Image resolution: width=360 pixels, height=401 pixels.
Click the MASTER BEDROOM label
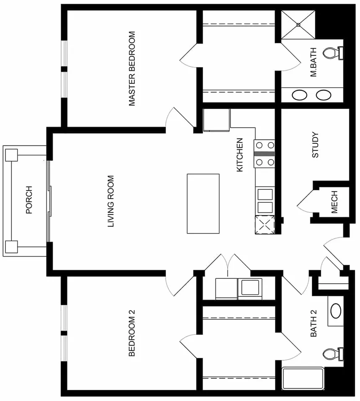tap(132, 69)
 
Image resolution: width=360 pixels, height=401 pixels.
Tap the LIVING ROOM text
tap(111, 201)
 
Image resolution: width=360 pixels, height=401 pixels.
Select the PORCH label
tap(29, 200)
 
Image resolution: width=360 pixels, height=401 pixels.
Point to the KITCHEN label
tap(240, 155)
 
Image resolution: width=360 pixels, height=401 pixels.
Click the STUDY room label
tap(315, 145)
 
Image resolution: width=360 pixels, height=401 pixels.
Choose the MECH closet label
tap(334, 202)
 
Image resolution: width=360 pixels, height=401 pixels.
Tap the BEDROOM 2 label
tap(131, 333)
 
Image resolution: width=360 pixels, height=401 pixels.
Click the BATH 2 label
tap(314, 323)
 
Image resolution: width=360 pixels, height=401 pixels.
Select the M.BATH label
tap(313, 62)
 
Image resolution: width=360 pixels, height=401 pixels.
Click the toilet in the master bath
tap(333, 53)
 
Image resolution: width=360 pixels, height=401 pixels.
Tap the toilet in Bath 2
tap(333, 354)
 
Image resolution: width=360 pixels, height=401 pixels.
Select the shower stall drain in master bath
tap(298, 25)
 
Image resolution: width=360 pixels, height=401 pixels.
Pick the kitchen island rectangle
tap(203, 204)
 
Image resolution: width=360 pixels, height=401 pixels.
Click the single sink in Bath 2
tap(336, 311)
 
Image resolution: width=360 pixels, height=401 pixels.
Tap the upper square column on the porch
tap(11, 155)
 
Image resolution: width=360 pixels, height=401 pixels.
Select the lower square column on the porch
tap(11, 247)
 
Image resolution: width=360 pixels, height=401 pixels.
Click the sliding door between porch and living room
tap(49, 201)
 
